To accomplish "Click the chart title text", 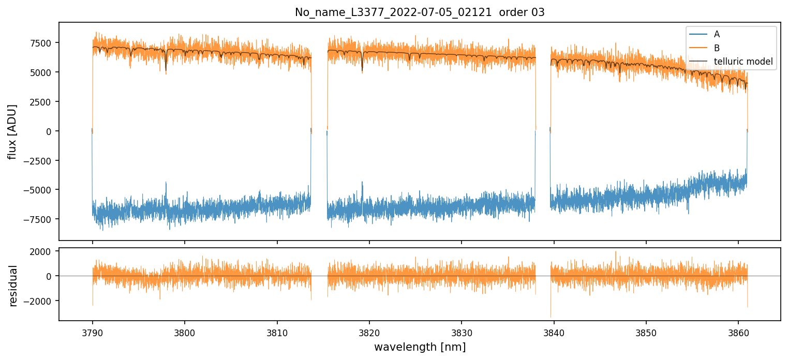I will click(x=420, y=12).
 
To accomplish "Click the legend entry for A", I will click(x=717, y=34).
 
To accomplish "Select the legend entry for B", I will click(x=717, y=48).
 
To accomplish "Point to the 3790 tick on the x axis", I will click(x=93, y=331).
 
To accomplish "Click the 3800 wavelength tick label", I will click(x=185, y=331).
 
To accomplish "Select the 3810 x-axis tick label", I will click(x=277, y=331).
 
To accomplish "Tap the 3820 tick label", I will click(x=369, y=331).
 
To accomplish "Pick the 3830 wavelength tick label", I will click(x=462, y=331).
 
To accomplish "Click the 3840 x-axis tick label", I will click(x=554, y=331).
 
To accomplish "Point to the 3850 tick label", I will click(x=646, y=331).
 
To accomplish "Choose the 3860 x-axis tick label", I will click(x=738, y=331).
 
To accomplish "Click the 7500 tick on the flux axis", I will click(x=42, y=43).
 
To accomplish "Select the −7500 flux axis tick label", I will click(x=39, y=219).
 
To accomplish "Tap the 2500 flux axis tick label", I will click(x=42, y=102).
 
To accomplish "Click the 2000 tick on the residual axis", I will click(x=42, y=252).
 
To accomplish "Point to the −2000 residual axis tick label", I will click(x=39, y=301).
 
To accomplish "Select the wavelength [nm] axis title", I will click(x=420, y=347).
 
